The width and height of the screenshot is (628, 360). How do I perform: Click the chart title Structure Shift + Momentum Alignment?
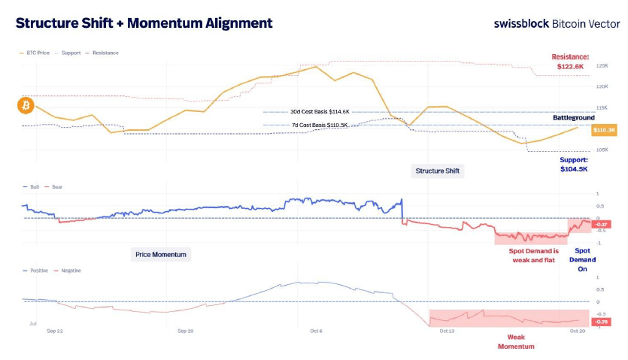click(x=144, y=23)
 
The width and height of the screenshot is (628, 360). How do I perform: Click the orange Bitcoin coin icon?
click(x=25, y=106)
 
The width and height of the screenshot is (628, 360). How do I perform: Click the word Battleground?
click(x=574, y=117)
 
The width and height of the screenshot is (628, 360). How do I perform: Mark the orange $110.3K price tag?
click(x=604, y=130)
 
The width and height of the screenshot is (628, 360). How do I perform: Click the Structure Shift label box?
click(x=439, y=171)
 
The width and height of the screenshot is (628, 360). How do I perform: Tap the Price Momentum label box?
click(x=160, y=255)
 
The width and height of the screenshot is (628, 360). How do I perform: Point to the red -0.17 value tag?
click(x=602, y=224)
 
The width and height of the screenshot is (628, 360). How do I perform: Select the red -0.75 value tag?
click(x=601, y=322)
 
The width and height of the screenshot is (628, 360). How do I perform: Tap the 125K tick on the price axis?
click(x=602, y=66)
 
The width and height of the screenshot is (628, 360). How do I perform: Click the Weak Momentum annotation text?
click(x=516, y=342)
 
